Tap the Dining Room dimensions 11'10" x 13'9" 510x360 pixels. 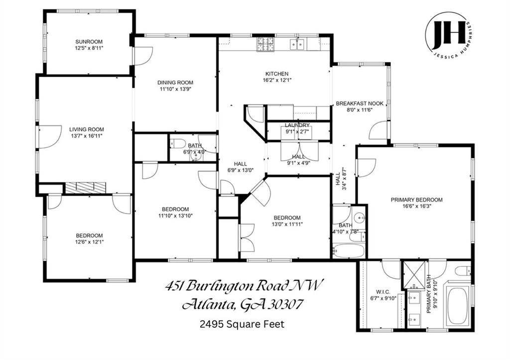pos(175,89)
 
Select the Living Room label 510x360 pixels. pos(86,129)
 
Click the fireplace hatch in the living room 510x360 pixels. pos(86,187)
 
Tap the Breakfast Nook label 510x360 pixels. pos(360,103)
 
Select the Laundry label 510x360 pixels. pos(297,125)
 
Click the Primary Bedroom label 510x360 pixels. pos(416,200)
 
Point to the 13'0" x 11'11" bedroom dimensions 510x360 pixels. pos(286,224)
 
